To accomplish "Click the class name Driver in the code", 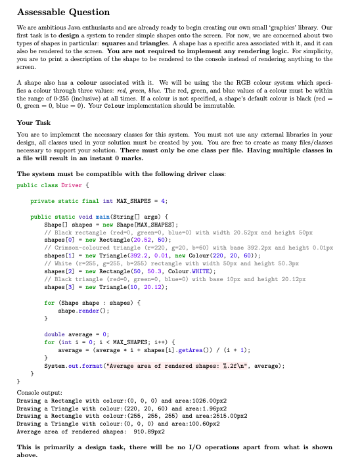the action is pos(72,186).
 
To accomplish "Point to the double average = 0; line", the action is pos(74,334).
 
